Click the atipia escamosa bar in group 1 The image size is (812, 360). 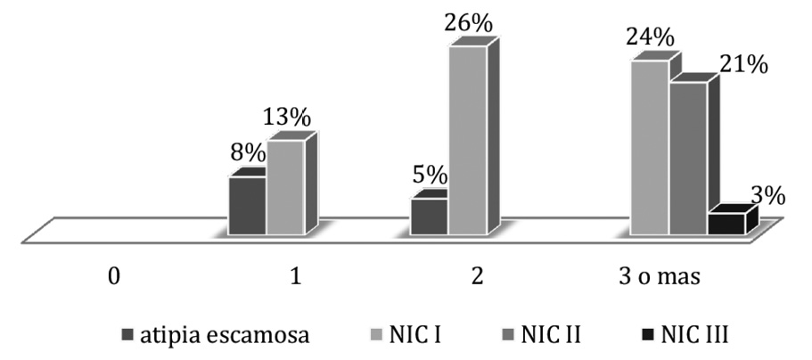tap(247, 206)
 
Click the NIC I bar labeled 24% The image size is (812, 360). tap(649, 148)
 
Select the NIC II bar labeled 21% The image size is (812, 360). tap(687, 159)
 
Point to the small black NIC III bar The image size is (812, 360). tap(726, 224)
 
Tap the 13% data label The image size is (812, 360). tap(286, 117)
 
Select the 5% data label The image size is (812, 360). tap(429, 177)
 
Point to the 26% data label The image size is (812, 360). tap(468, 22)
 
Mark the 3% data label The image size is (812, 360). tap(765, 194)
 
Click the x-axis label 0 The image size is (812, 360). tap(113, 275)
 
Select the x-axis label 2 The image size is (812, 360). tap(478, 275)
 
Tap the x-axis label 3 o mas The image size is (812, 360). tap(660, 275)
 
